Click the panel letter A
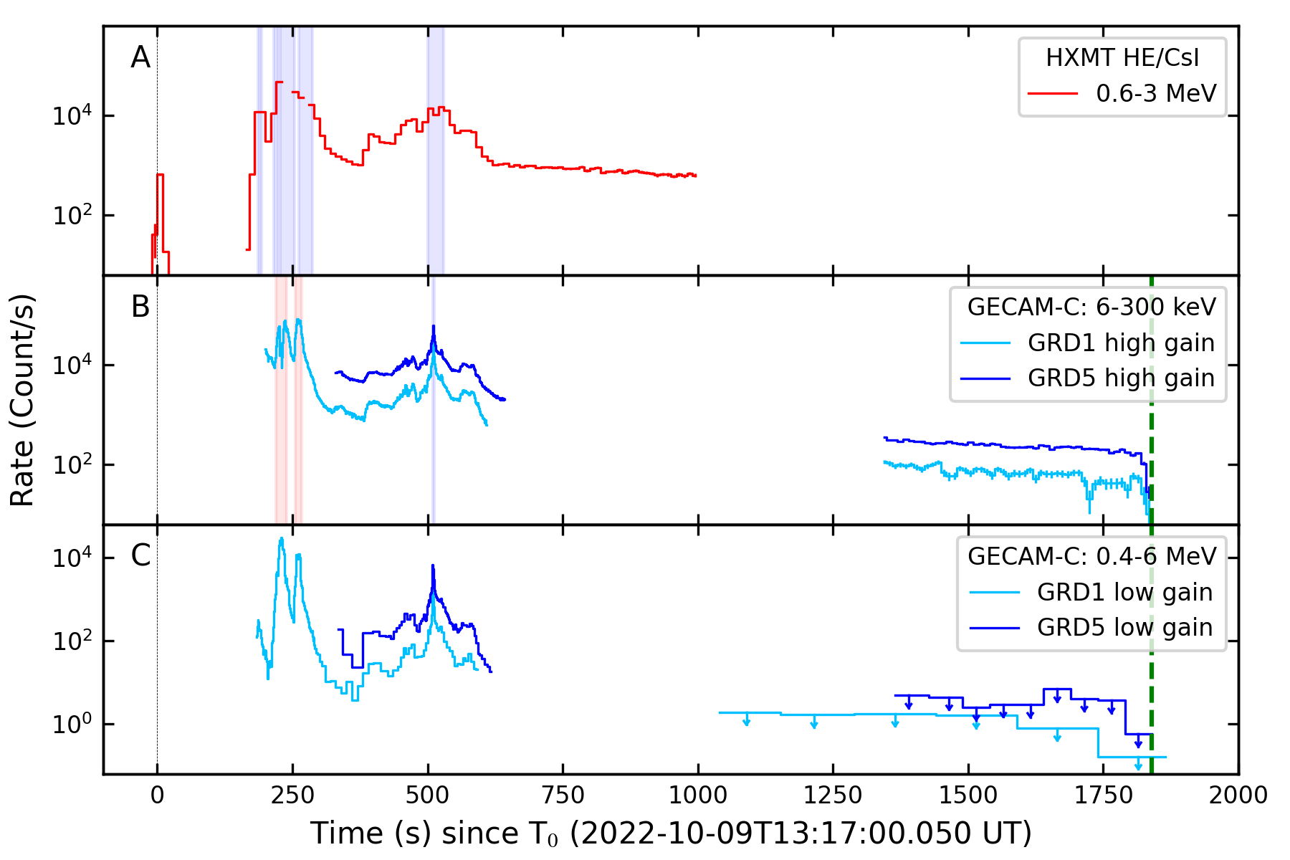pyautogui.click(x=140, y=57)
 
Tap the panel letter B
pyautogui.click(x=140, y=307)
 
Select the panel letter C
pyautogui.click(x=140, y=555)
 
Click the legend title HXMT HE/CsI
pyautogui.click(x=1122, y=58)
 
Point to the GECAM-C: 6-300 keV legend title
pyautogui.click(x=1091, y=307)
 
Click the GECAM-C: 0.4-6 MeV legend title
pyautogui.click(x=1091, y=556)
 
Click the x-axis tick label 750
pyautogui.click(x=563, y=795)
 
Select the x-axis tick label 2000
pyautogui.click(x=1238, y=795)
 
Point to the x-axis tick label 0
pyautogui.click(x=157, y=795)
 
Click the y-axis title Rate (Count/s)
pyautogui.click(x=23, y=400)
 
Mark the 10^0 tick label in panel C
pyautogui.click(x=72, y=724)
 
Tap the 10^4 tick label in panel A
pyautogui.click(x=72, y=115)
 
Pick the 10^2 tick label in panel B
pyautogui.click(x=72, y=464)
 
